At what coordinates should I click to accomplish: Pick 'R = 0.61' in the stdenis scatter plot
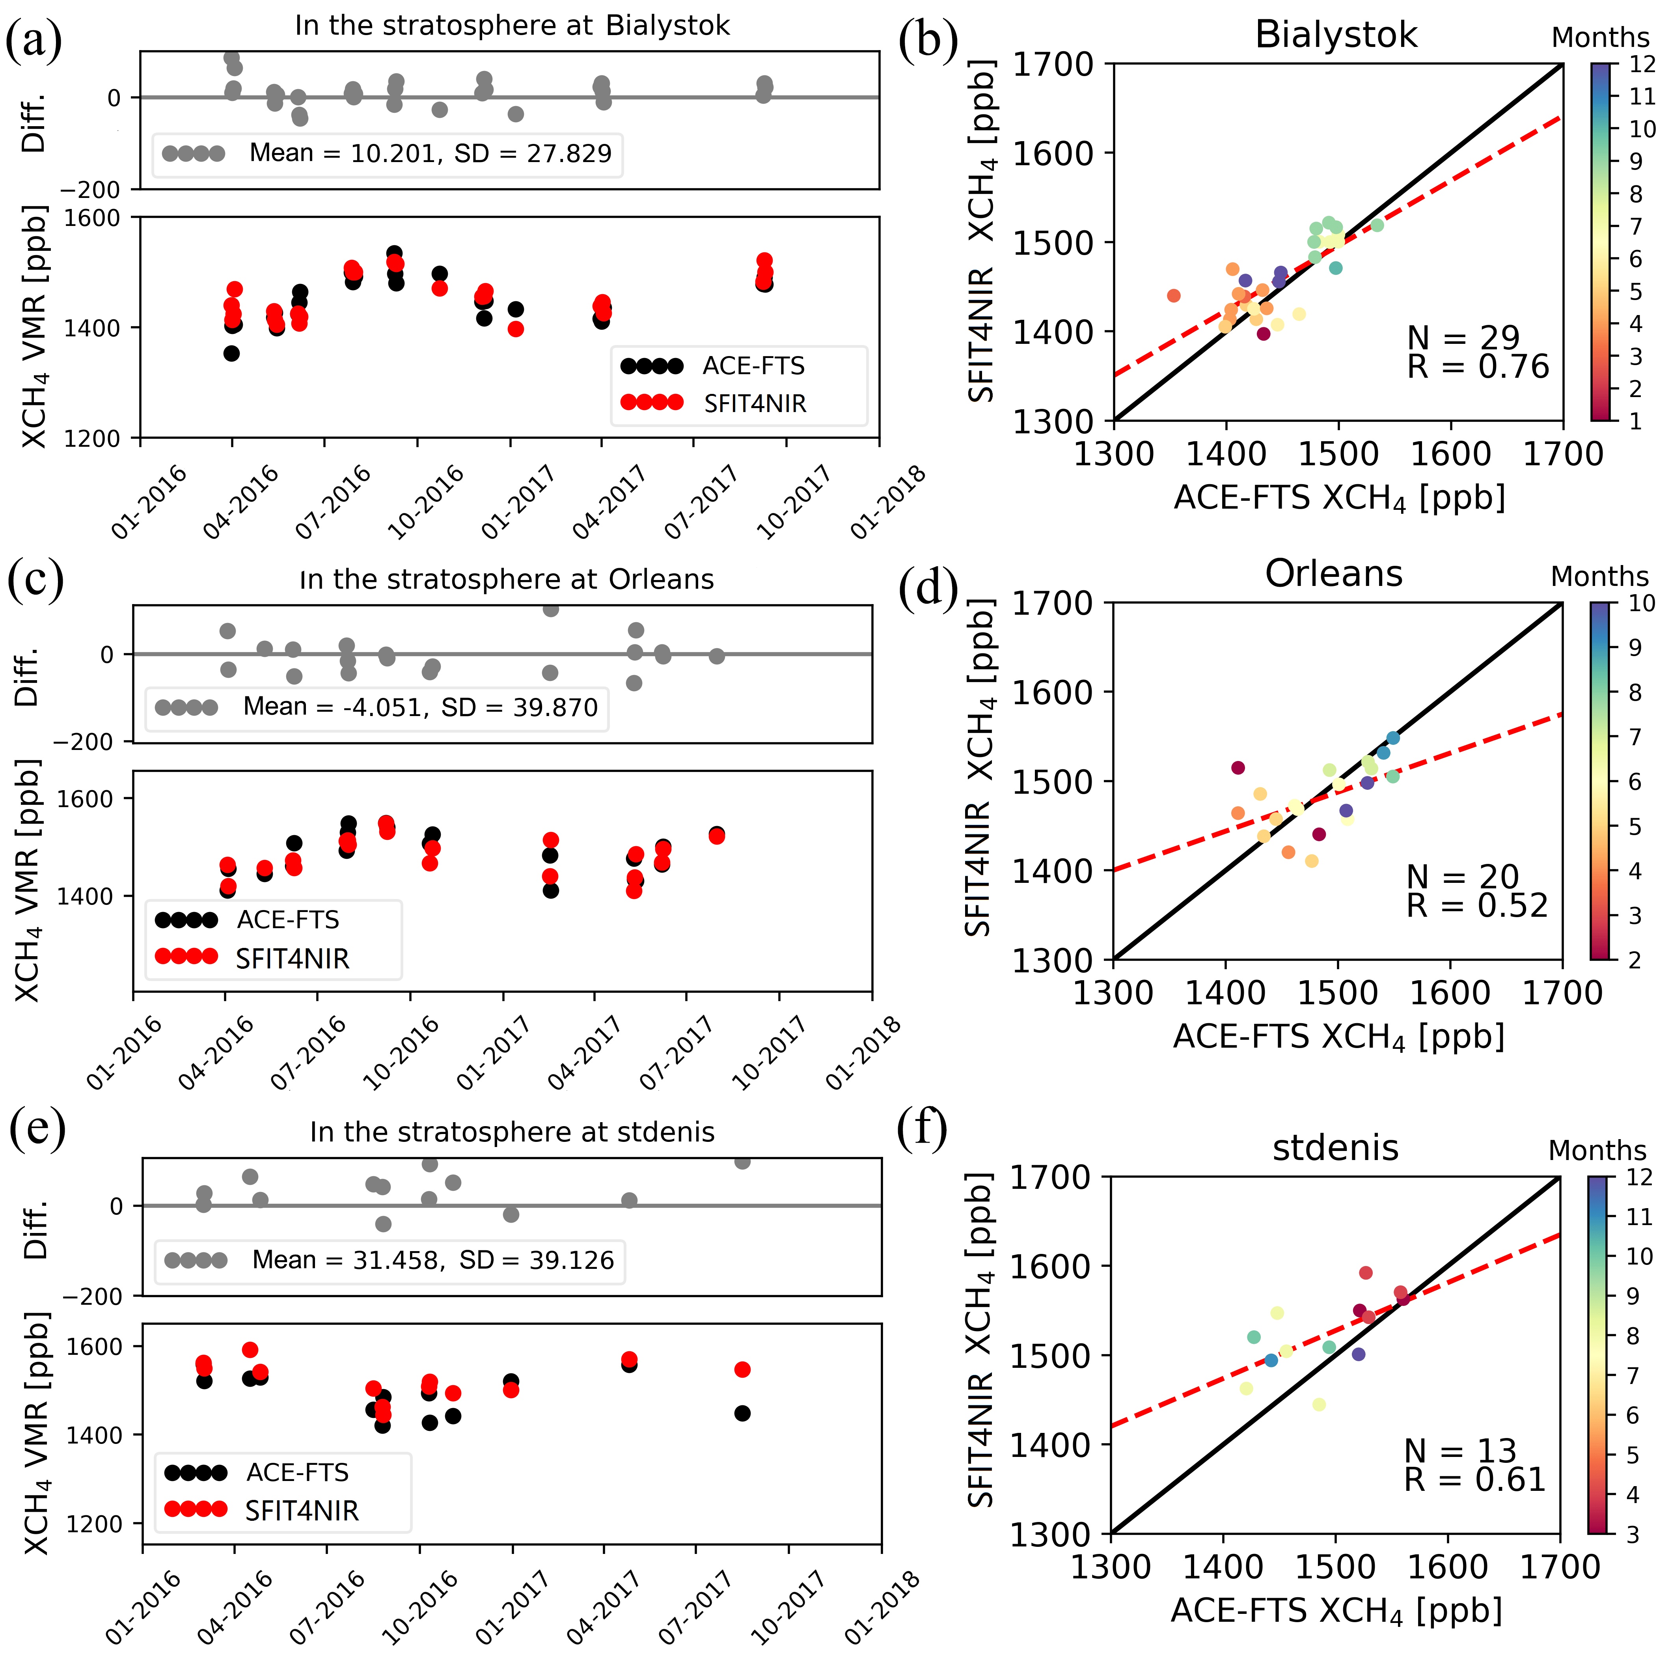tap(1474, 1480)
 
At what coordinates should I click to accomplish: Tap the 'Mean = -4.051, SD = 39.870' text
tap(420, 707)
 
